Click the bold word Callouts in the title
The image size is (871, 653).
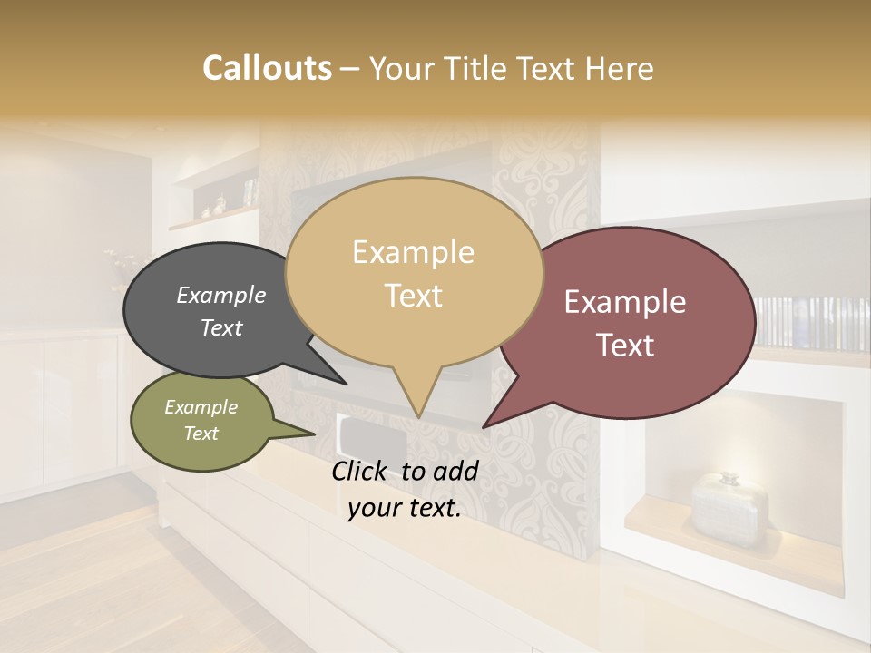point(267,68)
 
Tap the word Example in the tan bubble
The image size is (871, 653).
point(413,252)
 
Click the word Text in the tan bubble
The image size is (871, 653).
point(414,296)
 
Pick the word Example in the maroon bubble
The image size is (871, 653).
point(625,302)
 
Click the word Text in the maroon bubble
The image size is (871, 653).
point(626,346)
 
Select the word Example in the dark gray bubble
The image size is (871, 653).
point(220,295)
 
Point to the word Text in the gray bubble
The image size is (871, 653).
point(220,327)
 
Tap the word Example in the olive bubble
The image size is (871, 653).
point(201,407)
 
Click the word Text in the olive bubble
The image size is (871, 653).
point(201,434)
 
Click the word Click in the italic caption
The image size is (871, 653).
point(363,471)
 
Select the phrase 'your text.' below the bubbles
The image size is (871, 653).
point(405,509)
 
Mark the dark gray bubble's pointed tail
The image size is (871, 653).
point(345,383)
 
